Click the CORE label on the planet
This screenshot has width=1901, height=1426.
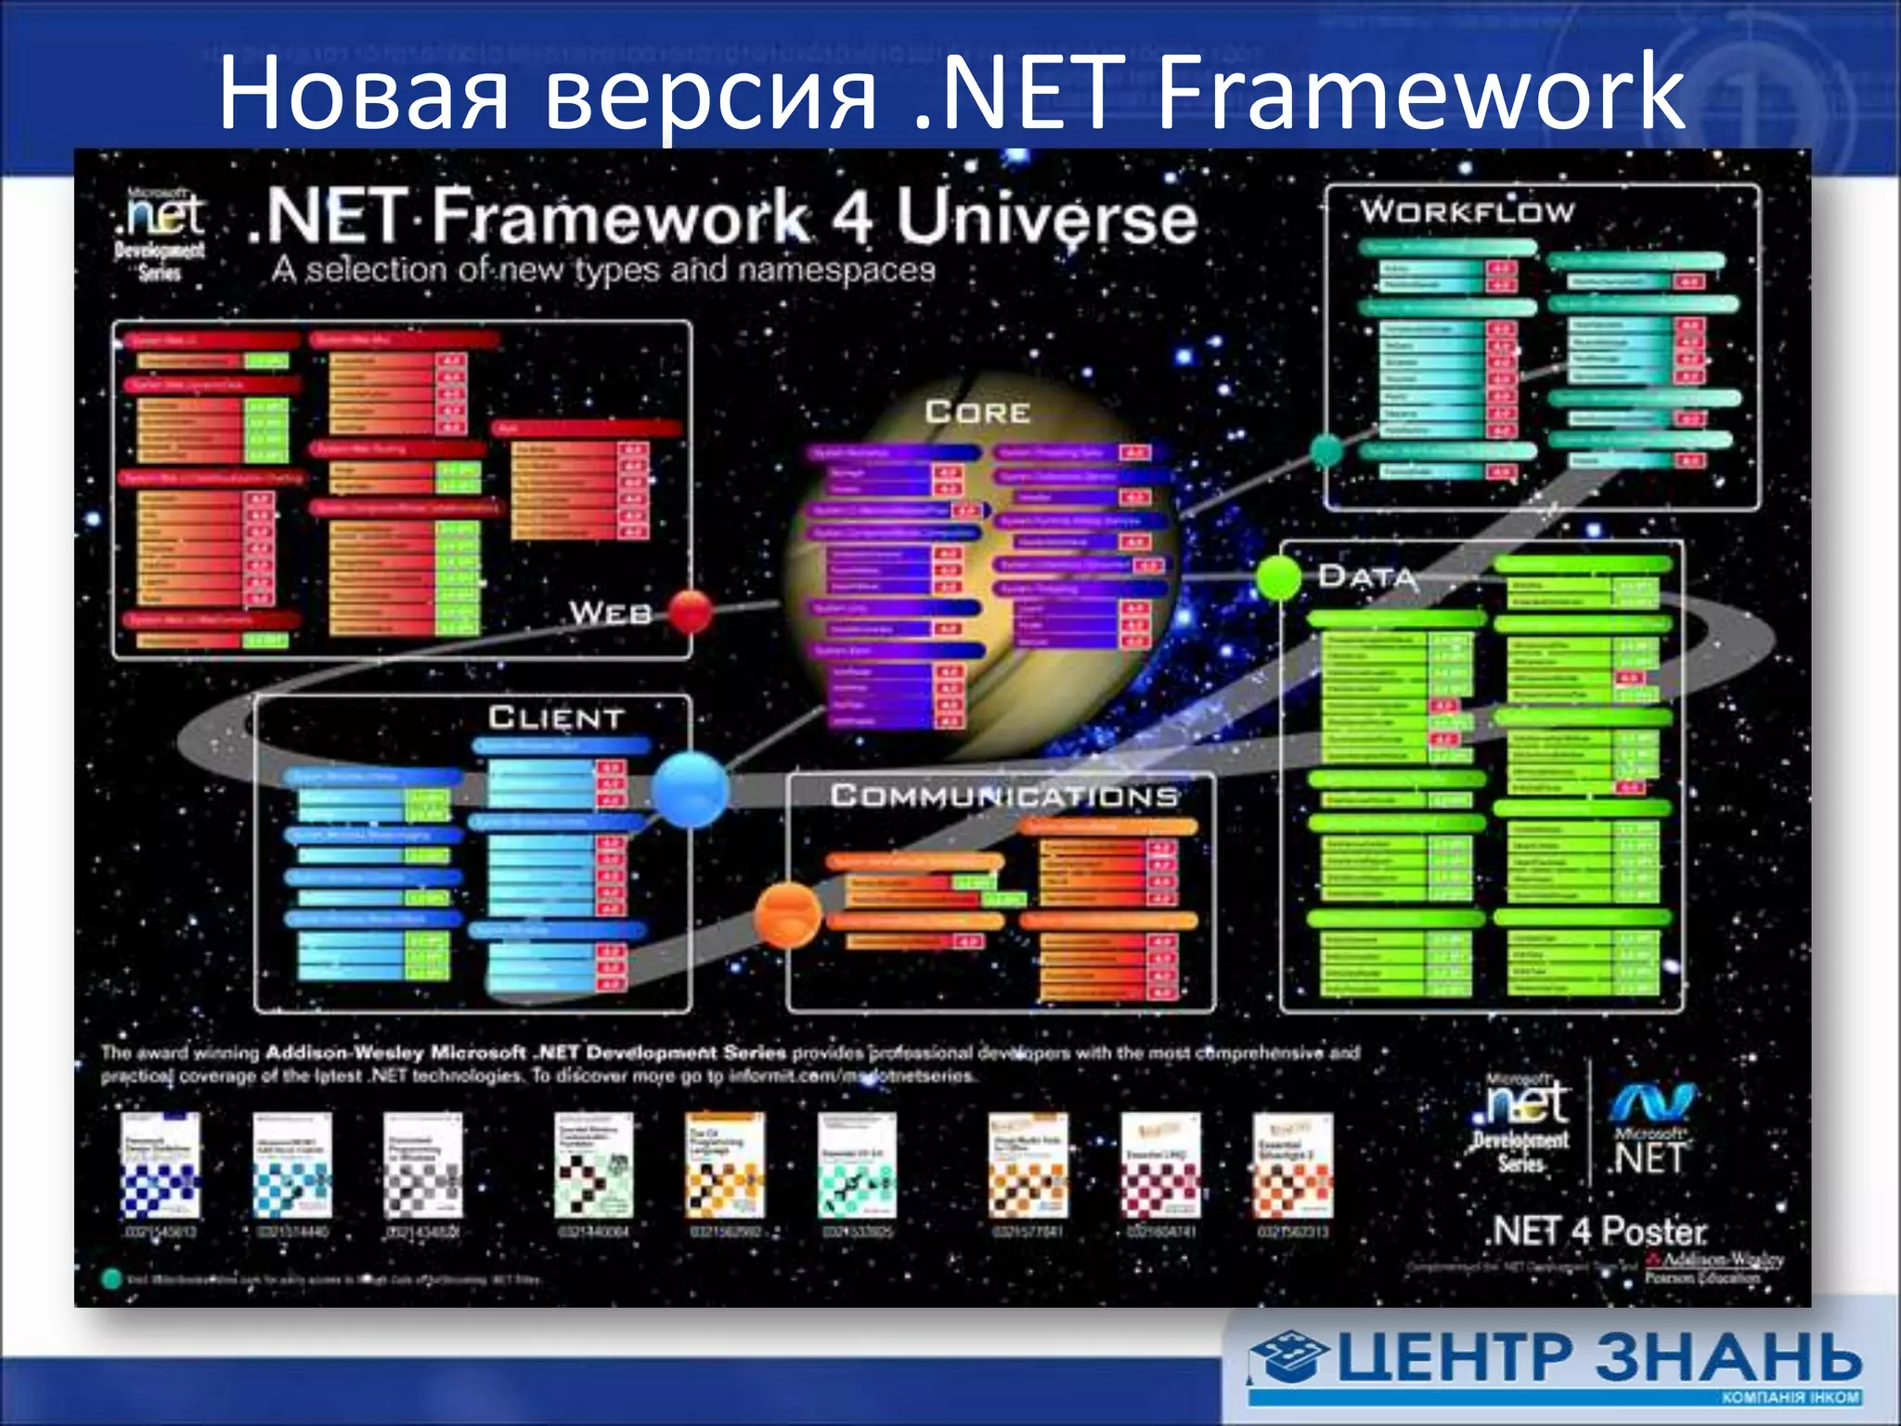pyautogui.click(x=977, y=411)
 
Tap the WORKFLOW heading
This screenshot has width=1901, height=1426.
pyautogui.click(x=1467, y=212)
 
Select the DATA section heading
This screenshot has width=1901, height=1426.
pyautogui.click(x=1367, y=577)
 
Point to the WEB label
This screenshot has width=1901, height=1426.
pyautogui.click(x=610, y=613)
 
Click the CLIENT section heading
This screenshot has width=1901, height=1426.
pyautogui.click(x=556, y=718)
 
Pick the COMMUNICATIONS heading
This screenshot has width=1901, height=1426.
pyautogui.click(x=1003, y=796)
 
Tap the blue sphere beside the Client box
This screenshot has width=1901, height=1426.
pyautogui.click(x=690, y=789)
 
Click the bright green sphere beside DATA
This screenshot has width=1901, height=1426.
pyautogui.click(x=1279, y=577)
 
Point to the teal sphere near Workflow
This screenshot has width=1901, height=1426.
pyautogui.click(x=1327, y=450)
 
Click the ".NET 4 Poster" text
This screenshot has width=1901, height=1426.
pyautogui.click(x=1597, y=1232)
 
